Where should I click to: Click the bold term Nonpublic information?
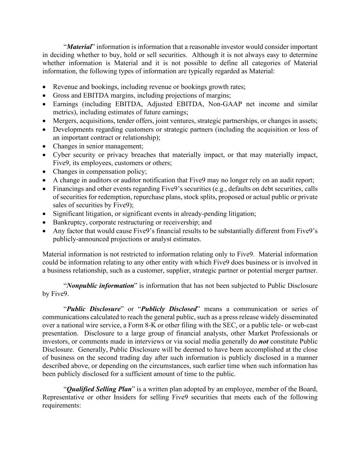click(100, 286)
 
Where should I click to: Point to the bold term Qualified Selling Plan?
click(99, 389)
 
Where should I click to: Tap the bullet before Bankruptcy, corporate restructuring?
click(45, 223)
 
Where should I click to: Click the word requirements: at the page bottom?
click(61, 406)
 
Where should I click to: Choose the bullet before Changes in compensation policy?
click(45, 172)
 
